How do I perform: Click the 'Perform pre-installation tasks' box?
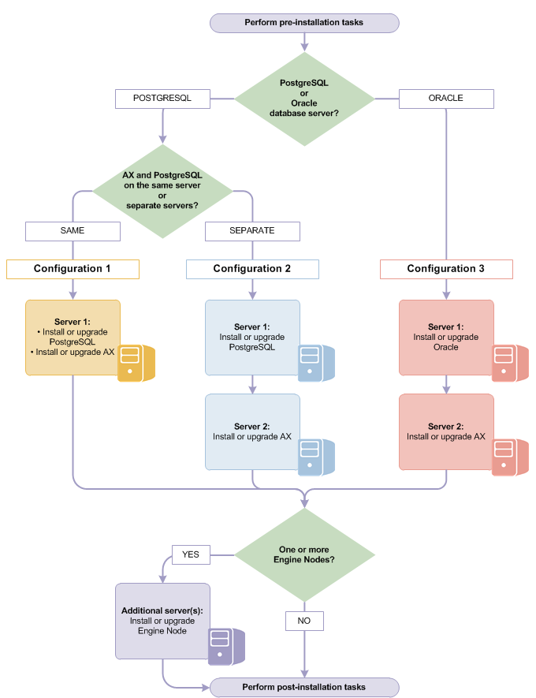click(x=304, y=23)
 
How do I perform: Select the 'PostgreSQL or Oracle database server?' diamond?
click(x=304, y=99)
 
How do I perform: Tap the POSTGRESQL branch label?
click(x=162, y=99)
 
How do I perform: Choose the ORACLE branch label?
click(x=446, y=99)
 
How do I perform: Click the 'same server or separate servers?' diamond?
click(x=162, y=190)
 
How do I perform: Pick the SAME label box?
click(x=73, y=231)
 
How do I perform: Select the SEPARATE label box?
click(x=252, y=231)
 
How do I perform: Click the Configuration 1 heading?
click(x=73, y=269)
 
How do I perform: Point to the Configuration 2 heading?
click(x=252, y=269)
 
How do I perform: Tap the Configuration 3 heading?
click(x=446, y=269)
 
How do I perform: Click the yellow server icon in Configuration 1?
click(x=135, y=363)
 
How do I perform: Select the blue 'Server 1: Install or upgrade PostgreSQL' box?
click(x=252, y=337)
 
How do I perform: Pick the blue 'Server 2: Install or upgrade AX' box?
click(x=252, y=431)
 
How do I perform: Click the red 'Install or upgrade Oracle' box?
click(x=446, y=337)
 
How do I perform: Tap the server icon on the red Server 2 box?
click(x=509, y=457)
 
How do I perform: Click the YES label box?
click(x=191, y=554)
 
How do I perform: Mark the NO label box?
click(x=304, y=621)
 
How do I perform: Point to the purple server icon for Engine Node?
click(x=225, y=647)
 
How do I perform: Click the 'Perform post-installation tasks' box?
click(x=304, y=687)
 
